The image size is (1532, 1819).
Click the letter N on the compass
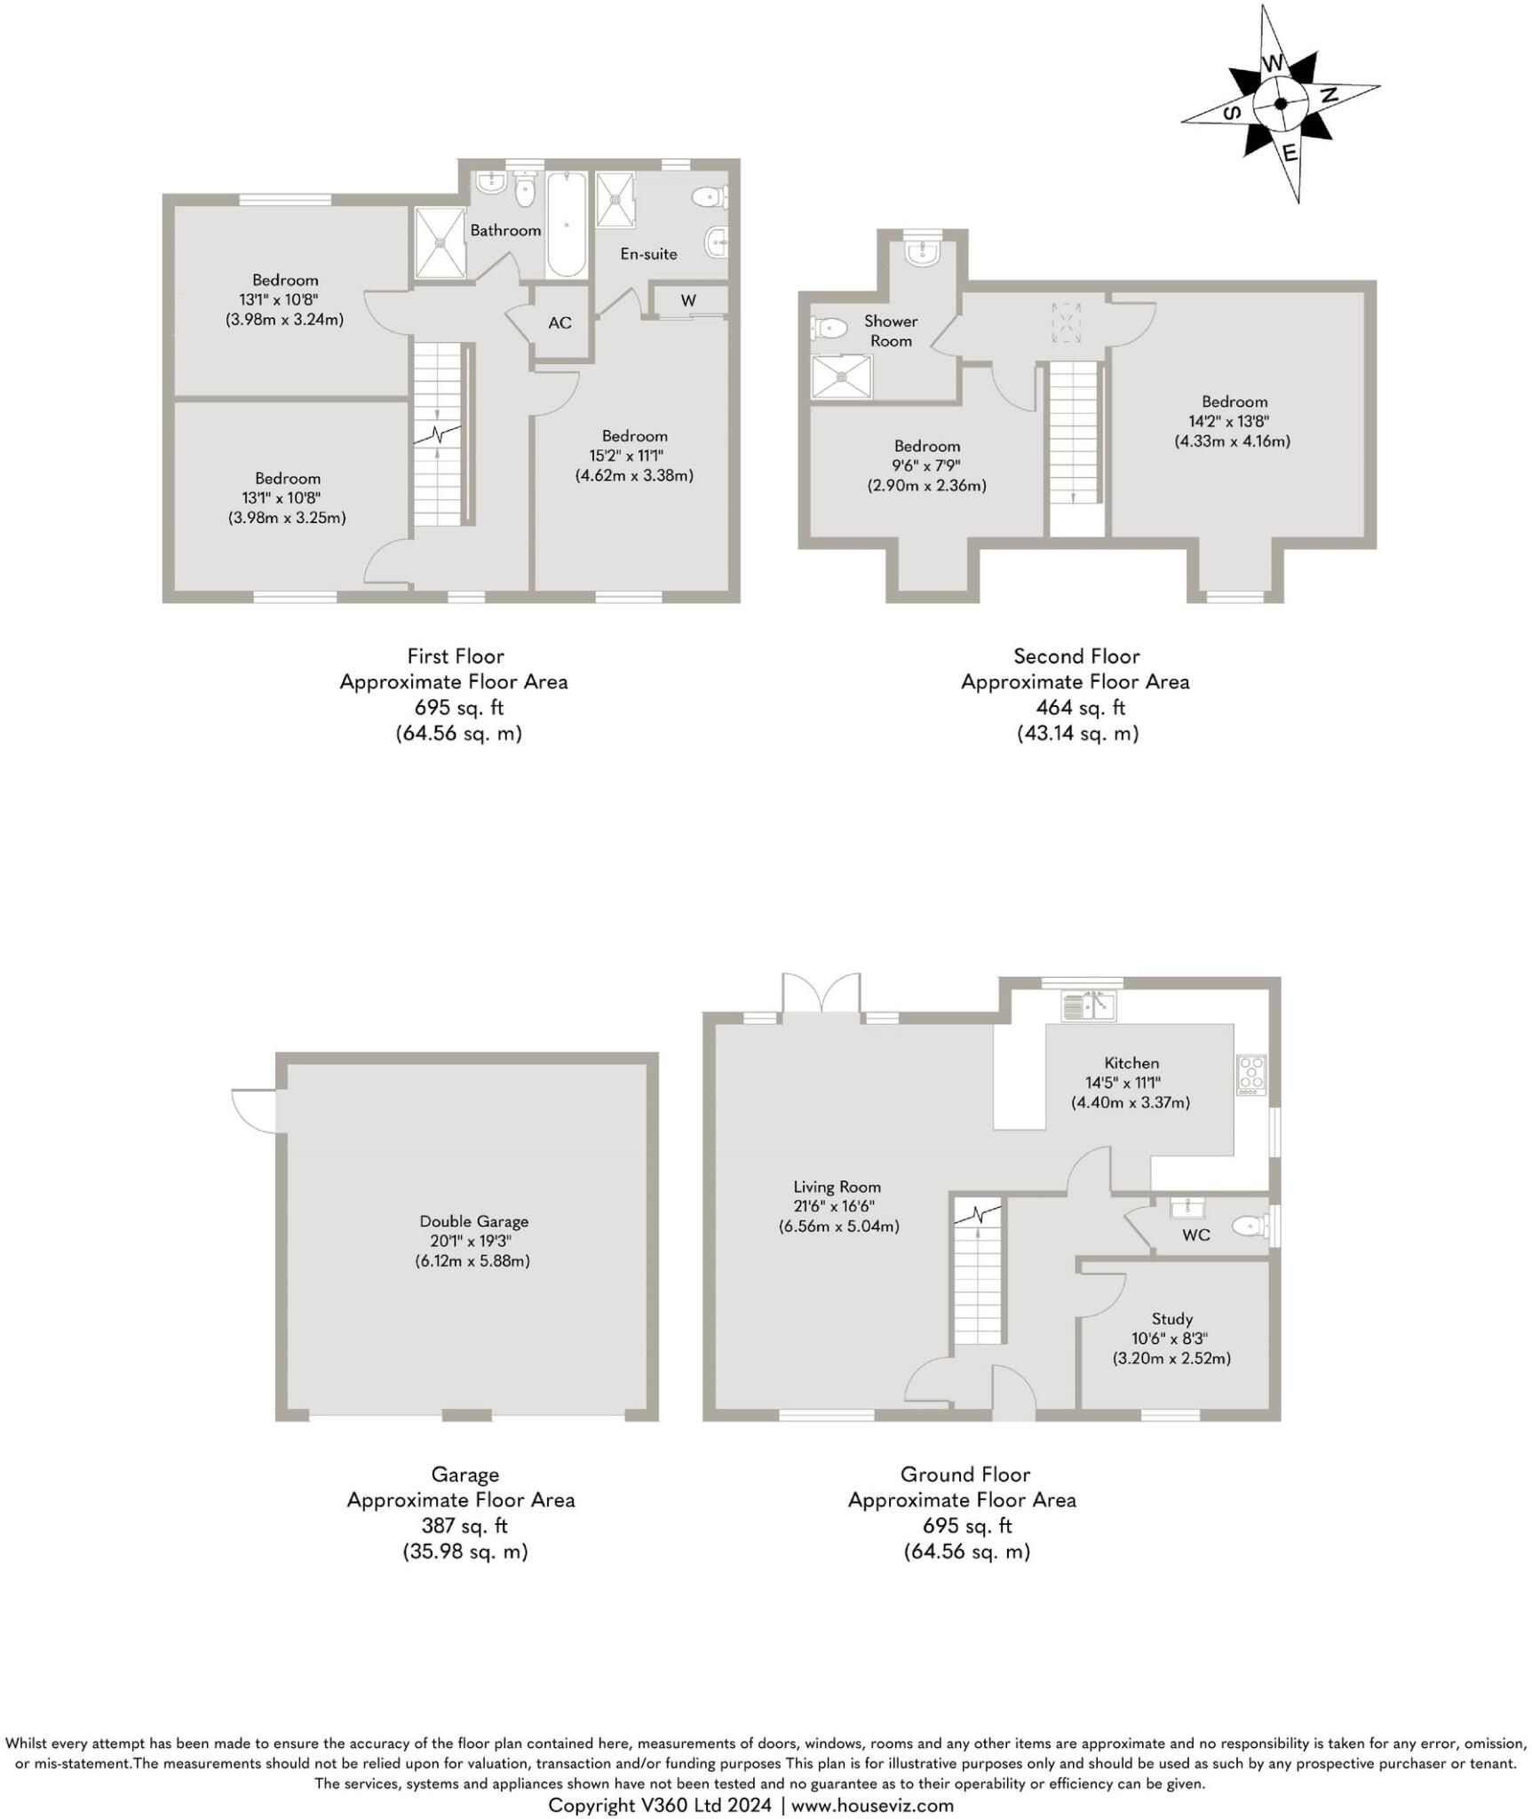1330,95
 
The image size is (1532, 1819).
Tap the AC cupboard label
560,322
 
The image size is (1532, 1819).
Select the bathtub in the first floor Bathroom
566,226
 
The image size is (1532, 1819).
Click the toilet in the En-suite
710,196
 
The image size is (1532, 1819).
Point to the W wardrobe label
688,301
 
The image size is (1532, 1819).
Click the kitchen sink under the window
1090,1006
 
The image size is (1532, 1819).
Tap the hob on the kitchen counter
1252,1075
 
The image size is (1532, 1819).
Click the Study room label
1171,1319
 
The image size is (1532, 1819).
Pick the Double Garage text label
473,1221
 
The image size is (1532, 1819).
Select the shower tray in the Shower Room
842,376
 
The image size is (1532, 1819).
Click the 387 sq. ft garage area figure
464,1525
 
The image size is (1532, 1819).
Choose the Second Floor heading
1076,656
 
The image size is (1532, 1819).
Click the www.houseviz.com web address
872,1805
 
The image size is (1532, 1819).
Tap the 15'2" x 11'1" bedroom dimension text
633,456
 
